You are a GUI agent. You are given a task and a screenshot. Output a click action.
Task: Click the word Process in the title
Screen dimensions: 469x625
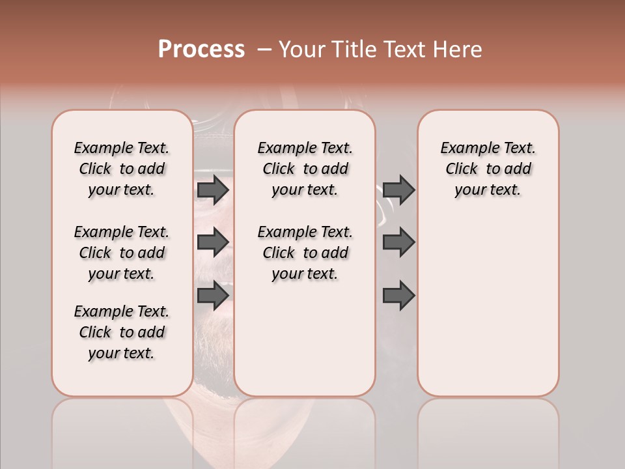tap(201, 50)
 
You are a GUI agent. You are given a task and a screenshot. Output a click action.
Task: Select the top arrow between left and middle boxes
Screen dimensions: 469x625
tap(213, 190)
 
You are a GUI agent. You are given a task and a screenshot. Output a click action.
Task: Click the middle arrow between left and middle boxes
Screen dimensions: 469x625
tap(213, 242)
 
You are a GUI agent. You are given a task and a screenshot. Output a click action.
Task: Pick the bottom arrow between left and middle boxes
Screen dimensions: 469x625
tap(213, 296)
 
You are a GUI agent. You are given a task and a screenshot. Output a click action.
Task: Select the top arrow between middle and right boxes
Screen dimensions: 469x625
tap(398, 190)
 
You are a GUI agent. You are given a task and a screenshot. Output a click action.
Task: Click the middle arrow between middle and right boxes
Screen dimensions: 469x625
tap(398, 242)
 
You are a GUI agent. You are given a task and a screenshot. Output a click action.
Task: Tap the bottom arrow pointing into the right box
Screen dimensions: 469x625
tap(398, 296)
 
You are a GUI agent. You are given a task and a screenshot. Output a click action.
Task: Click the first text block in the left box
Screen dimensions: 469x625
tap(122, 169)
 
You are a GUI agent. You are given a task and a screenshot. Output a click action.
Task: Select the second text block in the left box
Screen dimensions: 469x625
tap(122, 253)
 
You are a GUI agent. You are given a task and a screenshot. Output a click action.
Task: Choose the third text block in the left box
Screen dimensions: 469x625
tap(122, 332)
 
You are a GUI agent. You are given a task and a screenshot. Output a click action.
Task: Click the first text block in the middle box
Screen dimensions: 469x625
tap(305, 169)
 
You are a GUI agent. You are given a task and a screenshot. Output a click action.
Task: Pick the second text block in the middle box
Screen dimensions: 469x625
tap(305, 253)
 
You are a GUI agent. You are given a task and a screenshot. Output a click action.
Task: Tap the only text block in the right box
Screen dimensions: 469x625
tap(488, 169)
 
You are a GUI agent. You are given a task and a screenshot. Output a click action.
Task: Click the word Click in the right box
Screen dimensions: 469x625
tap(462, 169)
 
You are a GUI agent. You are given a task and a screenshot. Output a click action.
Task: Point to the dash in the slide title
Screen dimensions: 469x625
tap(264, 50)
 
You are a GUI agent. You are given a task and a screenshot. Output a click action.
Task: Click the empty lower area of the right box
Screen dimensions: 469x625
tap(488, 313)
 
